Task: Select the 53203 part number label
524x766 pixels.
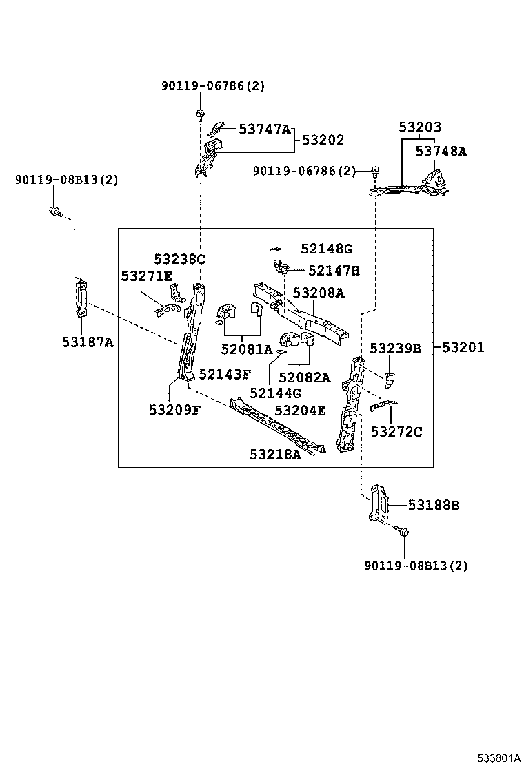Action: click(x=420, y=127)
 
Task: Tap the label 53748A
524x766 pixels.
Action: click(x=441, y=152)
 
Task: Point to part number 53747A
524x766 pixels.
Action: click(x=265, y=129)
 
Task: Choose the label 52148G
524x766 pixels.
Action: click(x=327, y=248)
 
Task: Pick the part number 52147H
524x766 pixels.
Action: click(x=334, y=271)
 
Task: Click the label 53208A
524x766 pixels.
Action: click(x=318, y=293)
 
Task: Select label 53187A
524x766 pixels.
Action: click(x=88, y=341)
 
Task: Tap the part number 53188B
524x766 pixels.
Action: click(x=433, y=506)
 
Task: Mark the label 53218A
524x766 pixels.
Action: click(x=275, y=454)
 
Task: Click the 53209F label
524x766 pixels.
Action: click(x=174, y=409)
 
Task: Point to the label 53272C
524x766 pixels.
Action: click(x=396, y=432)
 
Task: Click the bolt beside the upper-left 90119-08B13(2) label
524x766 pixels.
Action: click(x=53, y=210)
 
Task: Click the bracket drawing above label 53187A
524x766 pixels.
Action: click(x=81, y=297)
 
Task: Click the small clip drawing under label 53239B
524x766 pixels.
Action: click(x=389, y=377)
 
